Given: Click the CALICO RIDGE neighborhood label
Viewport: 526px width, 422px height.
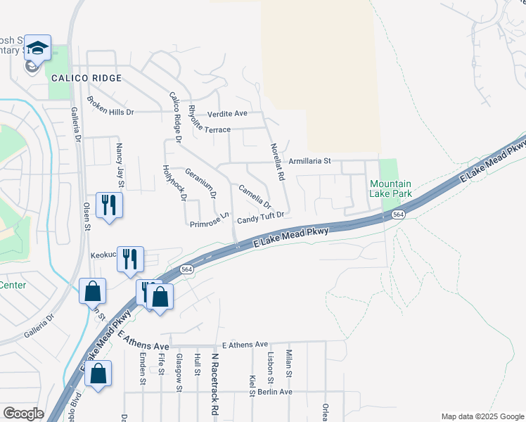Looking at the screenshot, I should (86, 78).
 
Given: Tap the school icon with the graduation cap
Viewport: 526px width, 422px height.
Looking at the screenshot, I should (37, 49).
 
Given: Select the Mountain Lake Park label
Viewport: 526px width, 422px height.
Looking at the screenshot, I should (390, 188).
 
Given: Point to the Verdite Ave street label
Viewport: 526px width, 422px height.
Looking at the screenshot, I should (227, 113).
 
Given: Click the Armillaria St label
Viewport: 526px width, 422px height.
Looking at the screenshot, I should (309, 161).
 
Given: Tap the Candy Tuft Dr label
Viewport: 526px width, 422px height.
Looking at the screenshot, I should (259, 218).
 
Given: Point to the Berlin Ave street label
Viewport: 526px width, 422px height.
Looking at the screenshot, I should (274, 392).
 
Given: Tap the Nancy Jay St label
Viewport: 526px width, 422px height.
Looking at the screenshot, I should (120, 165).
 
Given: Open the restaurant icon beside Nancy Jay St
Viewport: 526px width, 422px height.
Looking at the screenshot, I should (108, 205).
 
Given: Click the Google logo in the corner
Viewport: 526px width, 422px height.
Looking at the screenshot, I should (23, 414).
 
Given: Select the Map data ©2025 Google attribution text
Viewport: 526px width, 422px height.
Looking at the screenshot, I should (482, 416).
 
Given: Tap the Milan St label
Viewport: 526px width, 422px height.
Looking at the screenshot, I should (288, 364).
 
